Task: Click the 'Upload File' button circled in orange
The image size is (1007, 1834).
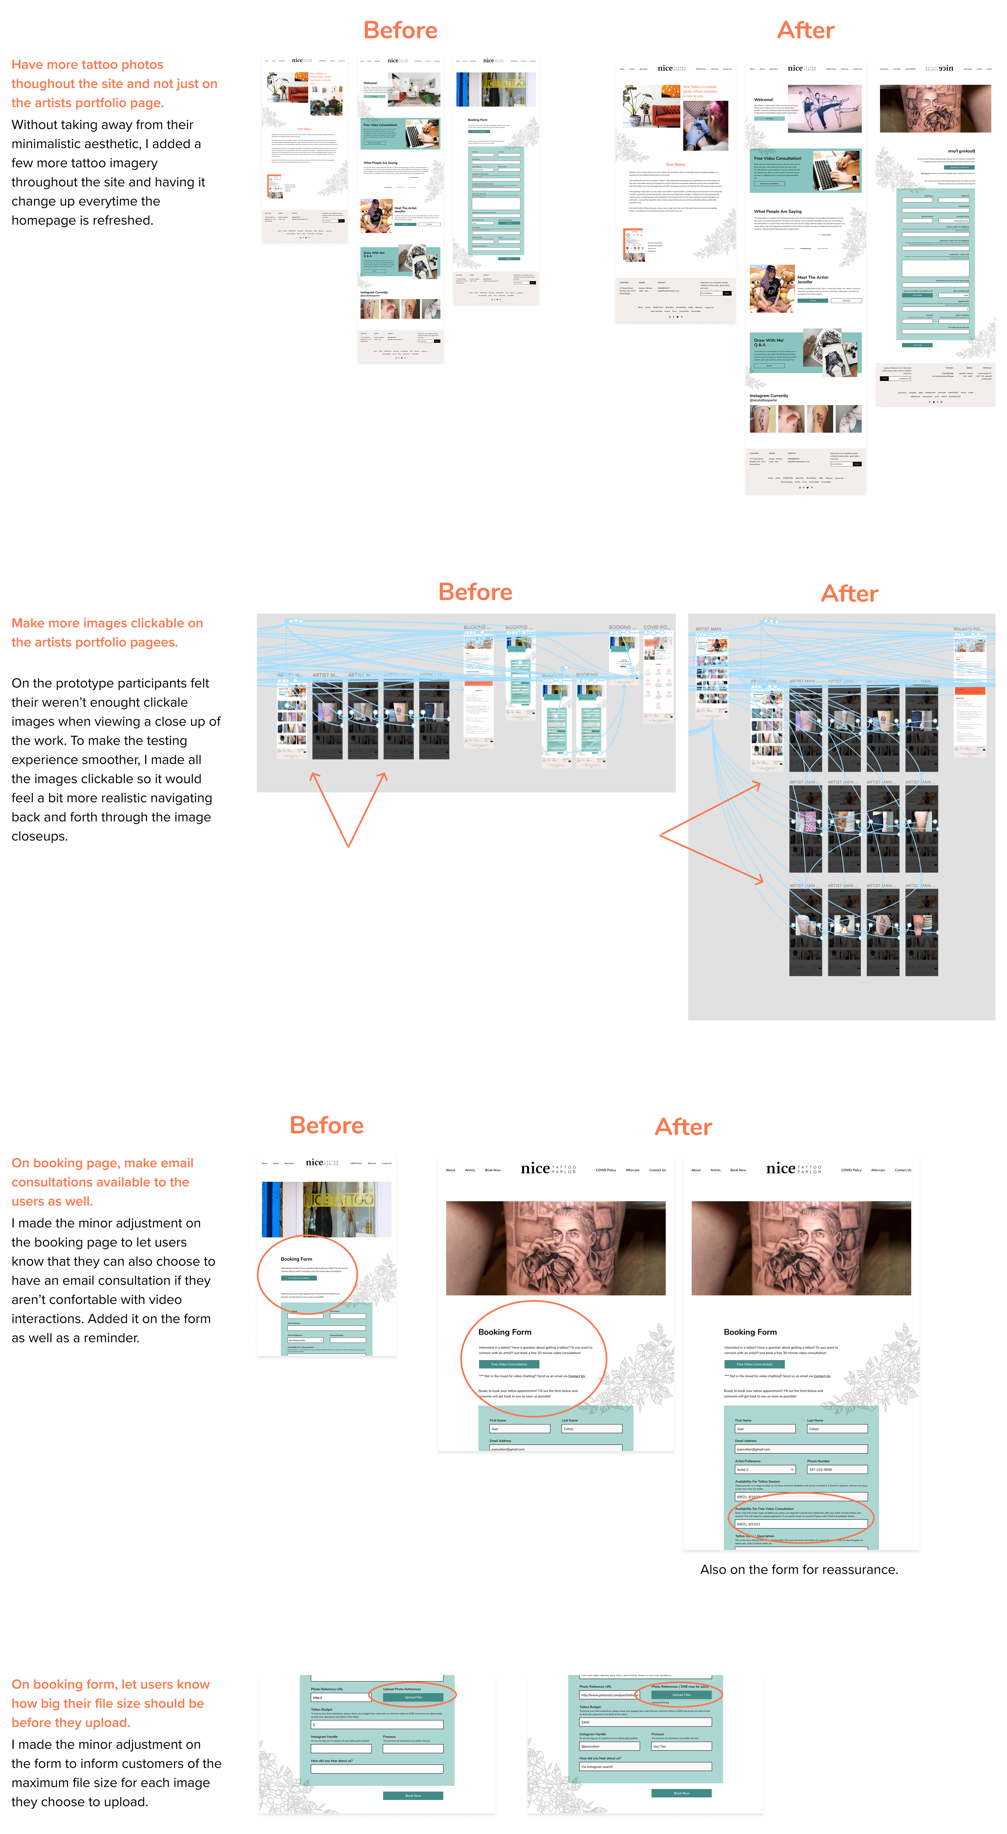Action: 413,1697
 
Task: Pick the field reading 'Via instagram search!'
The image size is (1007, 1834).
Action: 645,1766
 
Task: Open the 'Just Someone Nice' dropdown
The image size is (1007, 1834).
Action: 305,1340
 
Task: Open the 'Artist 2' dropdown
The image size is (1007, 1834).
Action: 765,1469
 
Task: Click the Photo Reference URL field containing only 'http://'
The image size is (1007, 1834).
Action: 340,1697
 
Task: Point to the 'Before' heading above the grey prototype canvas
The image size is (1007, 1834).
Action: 475,592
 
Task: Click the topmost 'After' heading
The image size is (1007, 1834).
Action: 805,31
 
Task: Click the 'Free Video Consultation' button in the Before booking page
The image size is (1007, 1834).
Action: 299,1278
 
